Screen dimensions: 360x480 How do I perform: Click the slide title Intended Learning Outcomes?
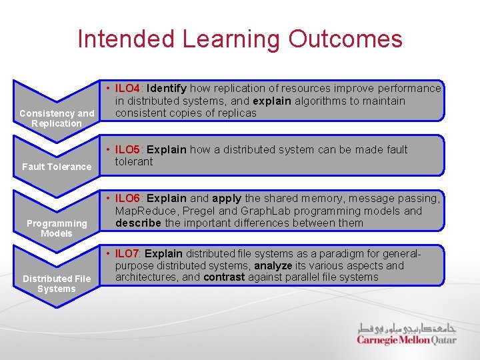pos(240,39)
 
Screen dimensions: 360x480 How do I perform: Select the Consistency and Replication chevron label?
pos(57,118)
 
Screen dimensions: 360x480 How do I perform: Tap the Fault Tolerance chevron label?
pos(57,167)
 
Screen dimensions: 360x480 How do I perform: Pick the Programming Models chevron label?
pos(57,228)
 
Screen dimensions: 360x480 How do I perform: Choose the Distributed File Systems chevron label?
pos(57,283)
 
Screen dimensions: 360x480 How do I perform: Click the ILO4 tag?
pos(127,88)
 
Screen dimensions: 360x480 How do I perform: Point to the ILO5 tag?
pos(127,149)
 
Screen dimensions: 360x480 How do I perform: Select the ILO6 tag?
pos(127,199)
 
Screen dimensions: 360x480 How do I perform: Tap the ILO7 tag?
pos(127,253)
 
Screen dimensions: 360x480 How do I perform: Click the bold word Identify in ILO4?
pos(167,88)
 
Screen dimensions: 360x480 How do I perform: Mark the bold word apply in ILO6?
pos(227,199)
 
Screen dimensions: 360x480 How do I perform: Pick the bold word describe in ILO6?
pos(138,223)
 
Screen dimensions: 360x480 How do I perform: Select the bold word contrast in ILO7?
pos(224,277)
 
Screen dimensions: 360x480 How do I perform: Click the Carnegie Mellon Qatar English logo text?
pos(406,340)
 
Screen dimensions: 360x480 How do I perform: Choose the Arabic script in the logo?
pos(406,328)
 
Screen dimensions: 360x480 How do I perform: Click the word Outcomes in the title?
pos(345,39)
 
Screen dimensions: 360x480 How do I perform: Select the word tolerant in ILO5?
pos(134,161)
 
